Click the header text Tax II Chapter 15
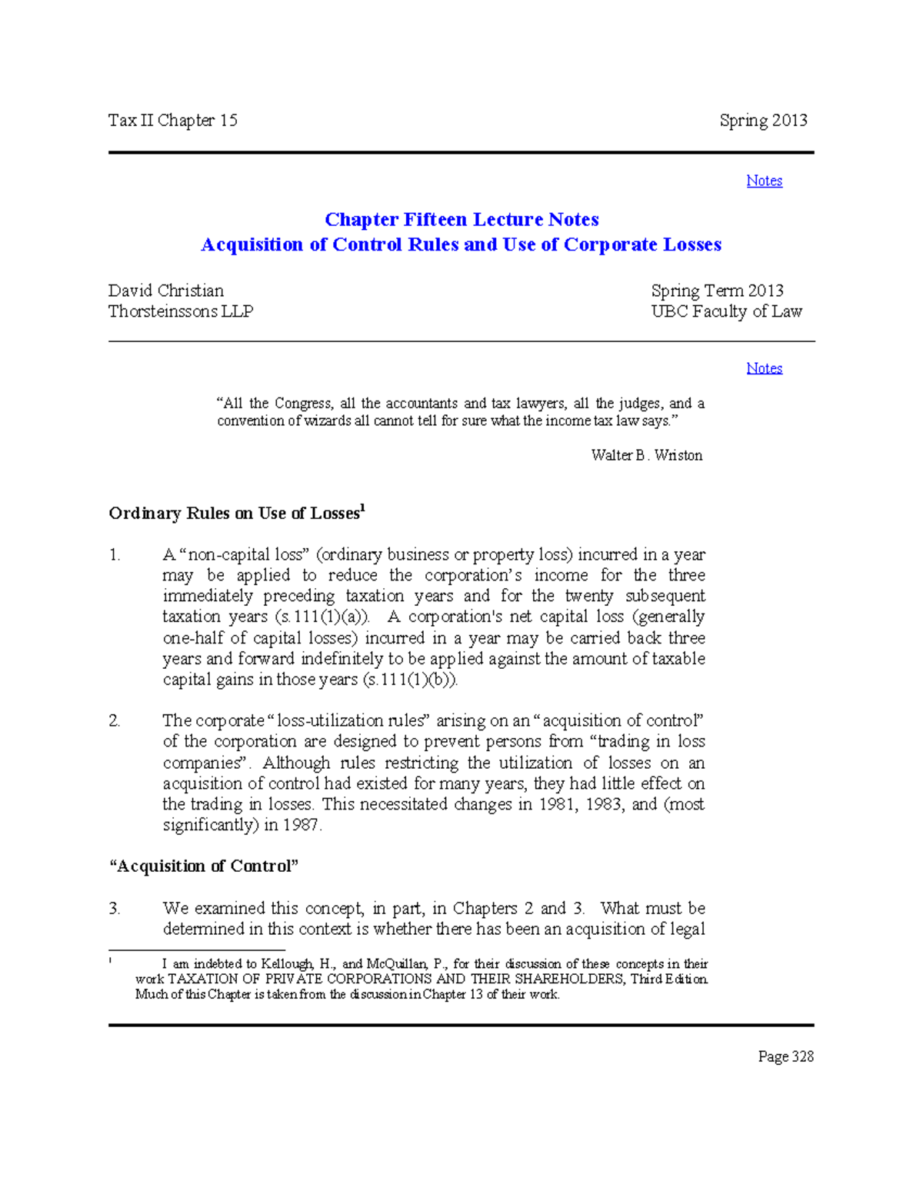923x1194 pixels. click(x=173, y=120)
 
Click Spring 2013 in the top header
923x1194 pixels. click(x=763, y=120)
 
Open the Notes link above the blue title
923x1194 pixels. click(x=764, y=181)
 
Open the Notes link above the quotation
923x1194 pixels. click(x=764, y=368)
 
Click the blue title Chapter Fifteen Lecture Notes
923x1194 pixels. click(x=461, y=219)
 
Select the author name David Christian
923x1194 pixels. click(x=166, y=291)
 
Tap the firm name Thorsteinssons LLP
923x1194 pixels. click(x=181, y=311)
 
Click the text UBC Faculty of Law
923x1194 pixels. click(x=726, y=311)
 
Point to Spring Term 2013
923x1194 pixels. click(x=717, y=291)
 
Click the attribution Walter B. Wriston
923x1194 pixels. click(x=646, y=455)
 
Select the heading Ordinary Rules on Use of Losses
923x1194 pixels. click(x=235, y=514)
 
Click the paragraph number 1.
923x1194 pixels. click(x=115, y=555)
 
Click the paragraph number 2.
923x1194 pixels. click(x=115, y=721)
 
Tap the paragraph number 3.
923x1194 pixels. click(x=115, y=909)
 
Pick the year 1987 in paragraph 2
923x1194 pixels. click(x=300, y=826)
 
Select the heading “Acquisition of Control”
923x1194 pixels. click(x=204, y=866)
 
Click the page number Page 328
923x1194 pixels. click(x=785, y=1056)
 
